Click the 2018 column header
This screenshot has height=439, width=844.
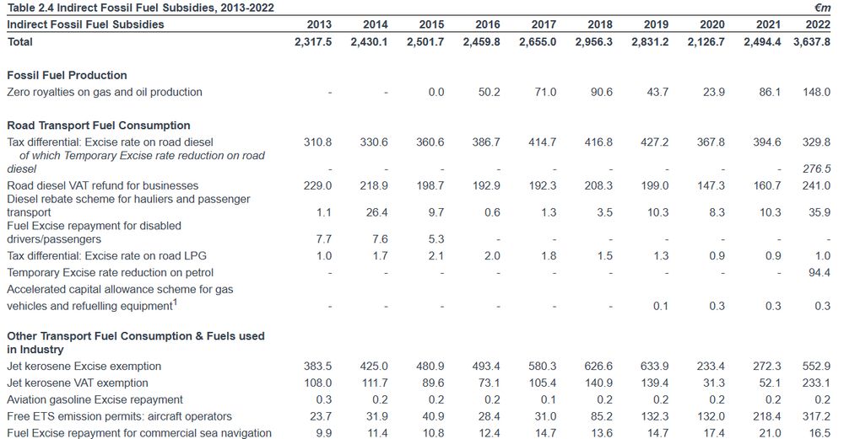click(x=600, y=24)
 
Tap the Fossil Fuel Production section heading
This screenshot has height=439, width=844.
click(x=67, y=75)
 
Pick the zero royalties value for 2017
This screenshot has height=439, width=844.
click(x=545, y=92)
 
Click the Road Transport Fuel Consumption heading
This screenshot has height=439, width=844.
click(x=99, y=126)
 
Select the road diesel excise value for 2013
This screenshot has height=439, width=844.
click(x=318, y=142)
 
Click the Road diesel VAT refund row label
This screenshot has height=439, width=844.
click(x=103, y=185)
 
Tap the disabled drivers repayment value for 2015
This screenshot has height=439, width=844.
click(x=433, y=239)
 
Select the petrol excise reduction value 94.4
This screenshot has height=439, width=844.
click(x=820, y=272)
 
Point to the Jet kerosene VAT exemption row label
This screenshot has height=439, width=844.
click(x=78, y=383)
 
